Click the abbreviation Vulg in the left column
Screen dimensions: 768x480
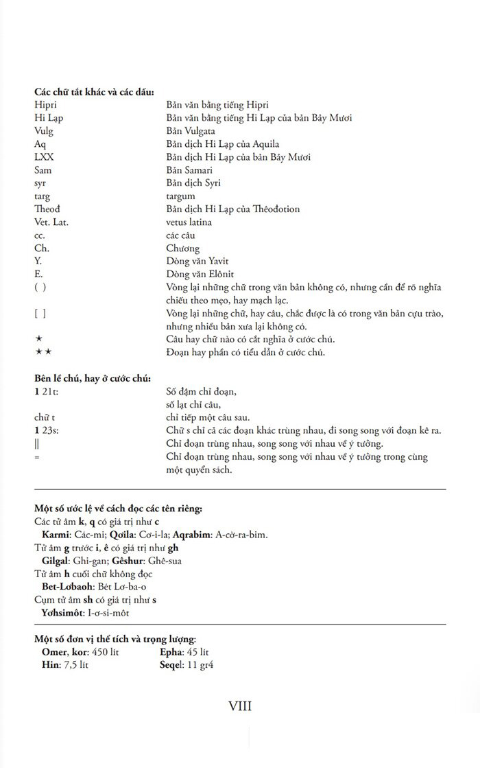[x=43, y=131]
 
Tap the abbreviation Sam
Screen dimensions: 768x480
[x=43, y=170]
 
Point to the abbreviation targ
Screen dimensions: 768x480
[x=42, y=196]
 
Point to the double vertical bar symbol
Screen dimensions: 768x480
[x=36, y=443]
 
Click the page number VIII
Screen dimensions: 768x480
[x=240, y=706]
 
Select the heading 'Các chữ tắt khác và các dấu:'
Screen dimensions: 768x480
[x=94, y=92]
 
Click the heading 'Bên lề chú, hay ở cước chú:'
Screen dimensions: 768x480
[x=93, y=378]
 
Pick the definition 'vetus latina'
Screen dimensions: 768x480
[x=189, y=222]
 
